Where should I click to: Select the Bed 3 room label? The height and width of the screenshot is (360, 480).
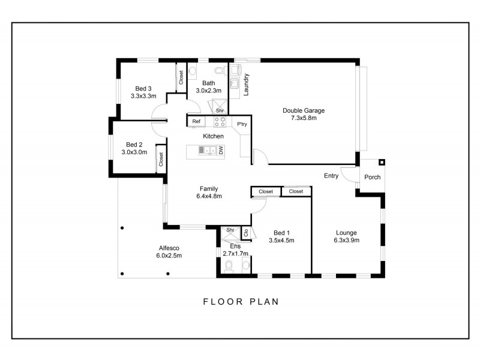[143, 88]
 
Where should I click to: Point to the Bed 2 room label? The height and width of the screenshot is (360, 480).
[134, 145]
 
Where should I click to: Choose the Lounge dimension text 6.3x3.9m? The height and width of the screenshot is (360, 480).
[346, 241]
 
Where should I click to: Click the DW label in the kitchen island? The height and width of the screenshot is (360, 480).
[221, 151]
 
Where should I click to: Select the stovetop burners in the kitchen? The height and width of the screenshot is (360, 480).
[220, 122]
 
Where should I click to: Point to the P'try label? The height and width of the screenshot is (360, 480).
[242, 124]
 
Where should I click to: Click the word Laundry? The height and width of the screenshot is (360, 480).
[247, 85]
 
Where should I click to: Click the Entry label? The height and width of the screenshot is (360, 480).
[331, 176]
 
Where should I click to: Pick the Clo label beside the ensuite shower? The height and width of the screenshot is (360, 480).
[245, 232]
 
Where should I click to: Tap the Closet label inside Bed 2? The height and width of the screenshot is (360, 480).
[161, 159]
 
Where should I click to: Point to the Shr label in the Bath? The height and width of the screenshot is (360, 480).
[220, 110]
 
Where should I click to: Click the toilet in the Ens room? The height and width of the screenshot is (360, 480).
[229, 268]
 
